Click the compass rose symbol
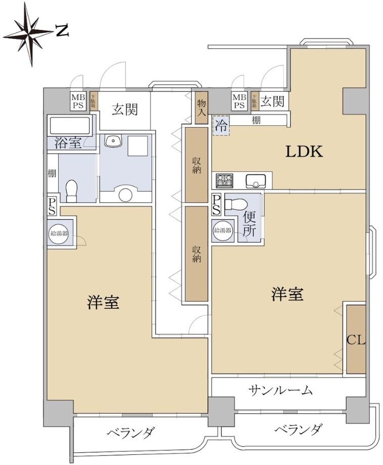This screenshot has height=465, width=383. tap(29, 34)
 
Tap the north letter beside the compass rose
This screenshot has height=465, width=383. tap(62, 31)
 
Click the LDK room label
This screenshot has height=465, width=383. tap(304, 151)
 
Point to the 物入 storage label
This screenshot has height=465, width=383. tap(201, 107)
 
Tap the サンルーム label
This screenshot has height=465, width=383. tap(280, 390)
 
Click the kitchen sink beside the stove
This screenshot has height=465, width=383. tap(257, 180)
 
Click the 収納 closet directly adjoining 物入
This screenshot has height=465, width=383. tap(196, 165)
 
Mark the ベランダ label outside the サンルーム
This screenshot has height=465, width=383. tap(298, 430)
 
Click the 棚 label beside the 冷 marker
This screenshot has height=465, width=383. tap(256, 120)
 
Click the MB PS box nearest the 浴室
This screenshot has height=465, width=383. tap(78, 101)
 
